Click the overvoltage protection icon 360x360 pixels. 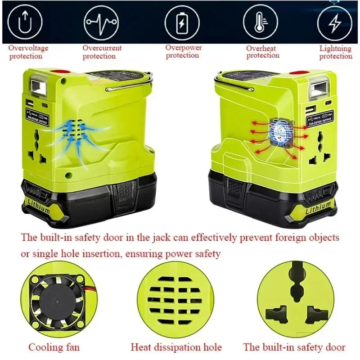pyautogui.click(x=26, y=22)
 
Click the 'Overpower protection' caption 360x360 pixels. pyautogui.click(x=183, y=51)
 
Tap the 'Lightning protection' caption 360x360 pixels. pyautogui.click(x=336, y=52)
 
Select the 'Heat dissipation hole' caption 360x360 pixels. pyautogui.click(x=176, y=347)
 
